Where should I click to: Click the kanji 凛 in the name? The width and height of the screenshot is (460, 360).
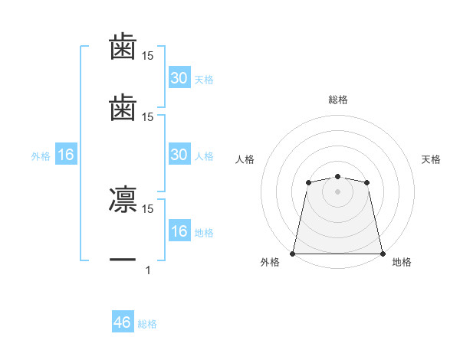tap(123, 199)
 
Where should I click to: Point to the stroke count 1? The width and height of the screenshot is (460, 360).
tap(148, 270)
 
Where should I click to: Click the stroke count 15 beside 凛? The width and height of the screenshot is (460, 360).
tap(148, 208)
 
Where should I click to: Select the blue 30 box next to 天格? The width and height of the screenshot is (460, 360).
tap(179, 78)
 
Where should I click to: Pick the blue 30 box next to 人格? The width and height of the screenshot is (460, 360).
tap(179, 155)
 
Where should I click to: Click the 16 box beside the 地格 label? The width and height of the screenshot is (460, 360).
tap(179, 231)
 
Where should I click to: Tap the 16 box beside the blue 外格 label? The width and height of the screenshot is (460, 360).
tap(66, 155)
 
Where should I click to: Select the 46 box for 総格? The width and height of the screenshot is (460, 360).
tap(123, 322)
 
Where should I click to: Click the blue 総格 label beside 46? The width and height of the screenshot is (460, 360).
tap(148, 324)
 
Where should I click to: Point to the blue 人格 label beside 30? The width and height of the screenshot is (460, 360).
tap(204, 156)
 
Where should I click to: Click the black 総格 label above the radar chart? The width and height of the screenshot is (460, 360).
tap(337, 100)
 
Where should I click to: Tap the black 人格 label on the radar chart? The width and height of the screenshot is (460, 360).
tap(245, 159)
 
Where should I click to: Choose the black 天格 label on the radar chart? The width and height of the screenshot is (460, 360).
tap(431, 159)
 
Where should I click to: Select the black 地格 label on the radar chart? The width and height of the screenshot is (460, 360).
tap(402, 262)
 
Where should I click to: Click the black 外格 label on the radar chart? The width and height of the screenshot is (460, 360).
tap(270, 262)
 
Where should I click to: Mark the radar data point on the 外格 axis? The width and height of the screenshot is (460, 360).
tap(293, 254)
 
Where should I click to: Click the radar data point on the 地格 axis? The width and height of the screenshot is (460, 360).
tap(383, 254)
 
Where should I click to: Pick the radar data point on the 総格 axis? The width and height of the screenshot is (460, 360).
tap(337, 177)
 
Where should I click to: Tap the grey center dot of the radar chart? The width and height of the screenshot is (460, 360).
tap(337, 191)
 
